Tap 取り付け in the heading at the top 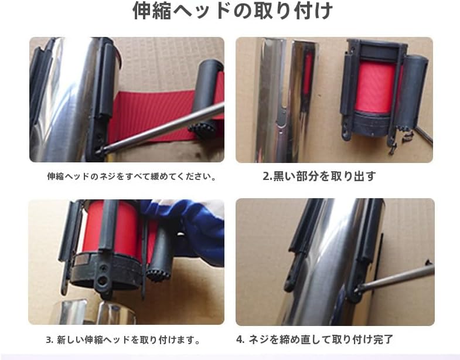tap(299, 12)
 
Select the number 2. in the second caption tap(267, 176)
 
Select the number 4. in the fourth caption tap(240, 339)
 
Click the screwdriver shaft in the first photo tap(164, 128)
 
